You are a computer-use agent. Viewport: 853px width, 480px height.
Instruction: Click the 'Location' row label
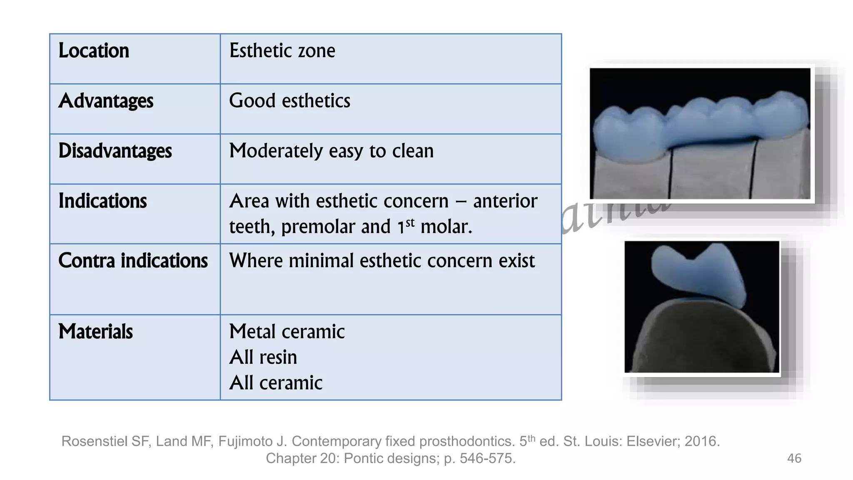(x=94, y=51)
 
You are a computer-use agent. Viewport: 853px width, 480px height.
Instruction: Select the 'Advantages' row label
(x=106, y=101)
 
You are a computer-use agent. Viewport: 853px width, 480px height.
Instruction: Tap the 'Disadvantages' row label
(x=115, y=151)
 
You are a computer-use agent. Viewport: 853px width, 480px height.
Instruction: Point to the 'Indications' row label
(x=102, y=201)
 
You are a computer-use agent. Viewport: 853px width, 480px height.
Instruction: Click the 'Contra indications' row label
(x=133, y=261)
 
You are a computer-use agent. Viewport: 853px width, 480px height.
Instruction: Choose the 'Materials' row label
(x=95, y=332)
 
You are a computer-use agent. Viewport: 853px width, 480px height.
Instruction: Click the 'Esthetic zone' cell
(x=282, y=51)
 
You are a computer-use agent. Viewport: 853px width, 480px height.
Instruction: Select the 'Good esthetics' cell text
(x=289, y=101)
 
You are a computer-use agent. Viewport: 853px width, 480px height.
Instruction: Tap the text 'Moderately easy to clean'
(x=331, y=151)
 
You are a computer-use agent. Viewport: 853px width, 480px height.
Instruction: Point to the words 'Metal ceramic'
(x=287, y=332)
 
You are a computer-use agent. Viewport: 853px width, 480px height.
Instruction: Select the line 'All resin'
(x=263, y=357)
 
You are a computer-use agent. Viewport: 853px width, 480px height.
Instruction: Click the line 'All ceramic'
(x=276, y=383)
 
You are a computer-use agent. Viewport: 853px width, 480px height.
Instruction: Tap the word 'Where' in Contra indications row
(x=256, y=261)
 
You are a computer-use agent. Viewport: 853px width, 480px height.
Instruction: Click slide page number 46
(x=794, y=458)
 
